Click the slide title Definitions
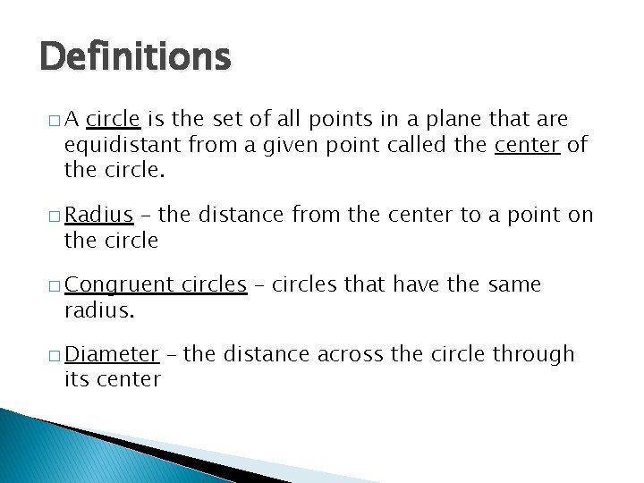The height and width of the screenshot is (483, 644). pos(135,58)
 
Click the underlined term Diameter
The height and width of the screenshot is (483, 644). pos(112,354)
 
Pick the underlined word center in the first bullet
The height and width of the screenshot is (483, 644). pos(527,144)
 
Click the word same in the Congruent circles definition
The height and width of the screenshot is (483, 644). pos(514,284)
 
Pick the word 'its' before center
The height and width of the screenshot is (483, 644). pos(76,379)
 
